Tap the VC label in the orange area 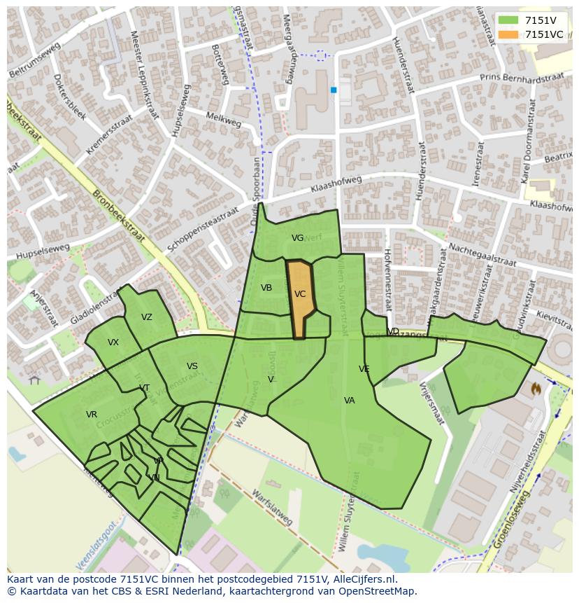click(300, 294)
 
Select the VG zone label click(297, 238)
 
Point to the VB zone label click(266, 288)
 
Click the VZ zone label click(146, 317)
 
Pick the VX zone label click(113, 342)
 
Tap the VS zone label click(192, 366)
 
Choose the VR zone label click(92, 415)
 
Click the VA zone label click(350, 401)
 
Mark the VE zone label click(364, 369)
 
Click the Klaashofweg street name click(337, 185)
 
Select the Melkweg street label click(224, 120)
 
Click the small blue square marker click(334, 90)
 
